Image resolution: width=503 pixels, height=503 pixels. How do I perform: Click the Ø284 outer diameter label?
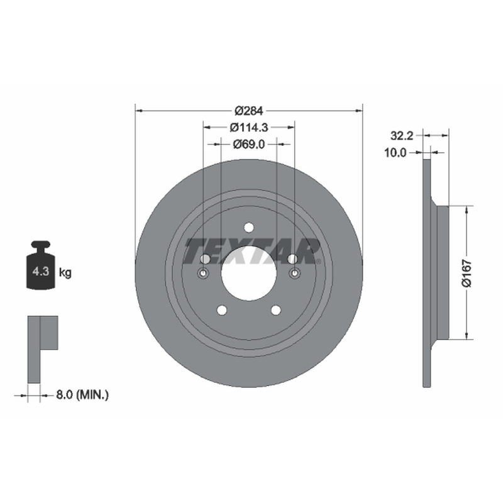[x=248, y=111]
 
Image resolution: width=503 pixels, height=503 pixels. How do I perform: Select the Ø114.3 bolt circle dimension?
[x=248, y=128]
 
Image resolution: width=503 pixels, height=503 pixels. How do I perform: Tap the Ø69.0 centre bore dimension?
[x=249, y=145]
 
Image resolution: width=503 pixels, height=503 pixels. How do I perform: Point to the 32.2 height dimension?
[x=402, y=136]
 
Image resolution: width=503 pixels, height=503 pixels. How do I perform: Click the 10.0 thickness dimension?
[x=395, y=153]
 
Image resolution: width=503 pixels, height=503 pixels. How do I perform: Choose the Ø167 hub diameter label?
[x=467, y=273]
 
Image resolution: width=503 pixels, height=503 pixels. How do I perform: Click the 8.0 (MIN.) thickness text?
[x=82, y=395]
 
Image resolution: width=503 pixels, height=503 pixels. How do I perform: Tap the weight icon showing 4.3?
[x=41, y=265]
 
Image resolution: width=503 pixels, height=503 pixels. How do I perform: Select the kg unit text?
[x=65, y=273]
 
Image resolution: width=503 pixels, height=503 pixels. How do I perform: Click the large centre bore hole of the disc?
[x=249, y=273]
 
